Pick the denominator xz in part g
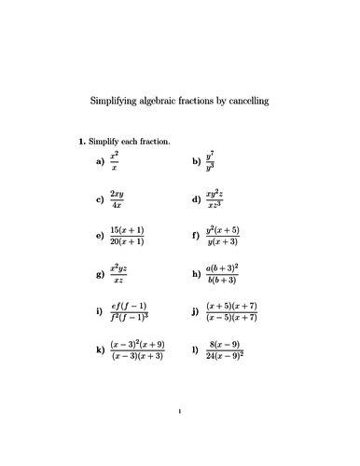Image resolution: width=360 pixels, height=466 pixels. point(118,281)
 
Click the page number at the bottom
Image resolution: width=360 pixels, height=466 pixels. point(179,435)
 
